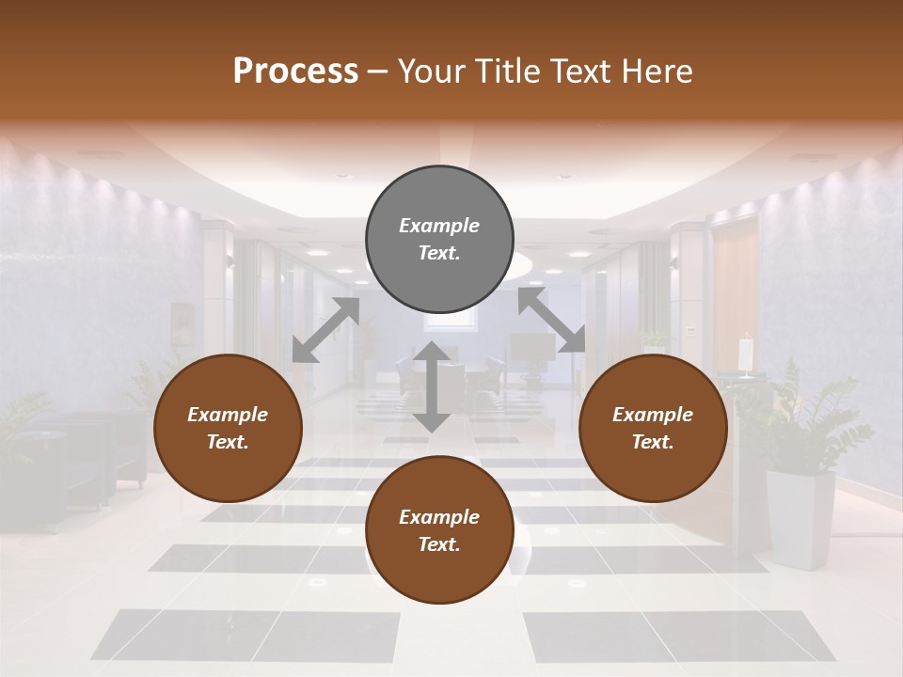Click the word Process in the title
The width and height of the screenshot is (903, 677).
(x=295, y=71)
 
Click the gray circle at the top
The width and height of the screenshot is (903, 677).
(x=439, y=240)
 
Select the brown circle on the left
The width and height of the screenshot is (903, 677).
(x=228, y=429)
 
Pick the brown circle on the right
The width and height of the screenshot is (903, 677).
(x=653, y=429)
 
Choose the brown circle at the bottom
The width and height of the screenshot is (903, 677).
(x=439, y=530)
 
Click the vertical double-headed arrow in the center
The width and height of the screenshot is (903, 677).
(x=432, y=386)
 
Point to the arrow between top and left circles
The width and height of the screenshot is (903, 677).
(x=325, y=329)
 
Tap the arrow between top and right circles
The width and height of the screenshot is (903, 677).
(x=551, y=321)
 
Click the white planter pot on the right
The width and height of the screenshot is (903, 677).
(x=800, y=518)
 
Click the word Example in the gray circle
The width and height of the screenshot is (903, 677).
(x=439, y=226)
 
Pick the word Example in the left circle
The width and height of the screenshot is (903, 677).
(x=228, y=415)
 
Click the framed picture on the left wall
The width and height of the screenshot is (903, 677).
(x=181, y=323)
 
